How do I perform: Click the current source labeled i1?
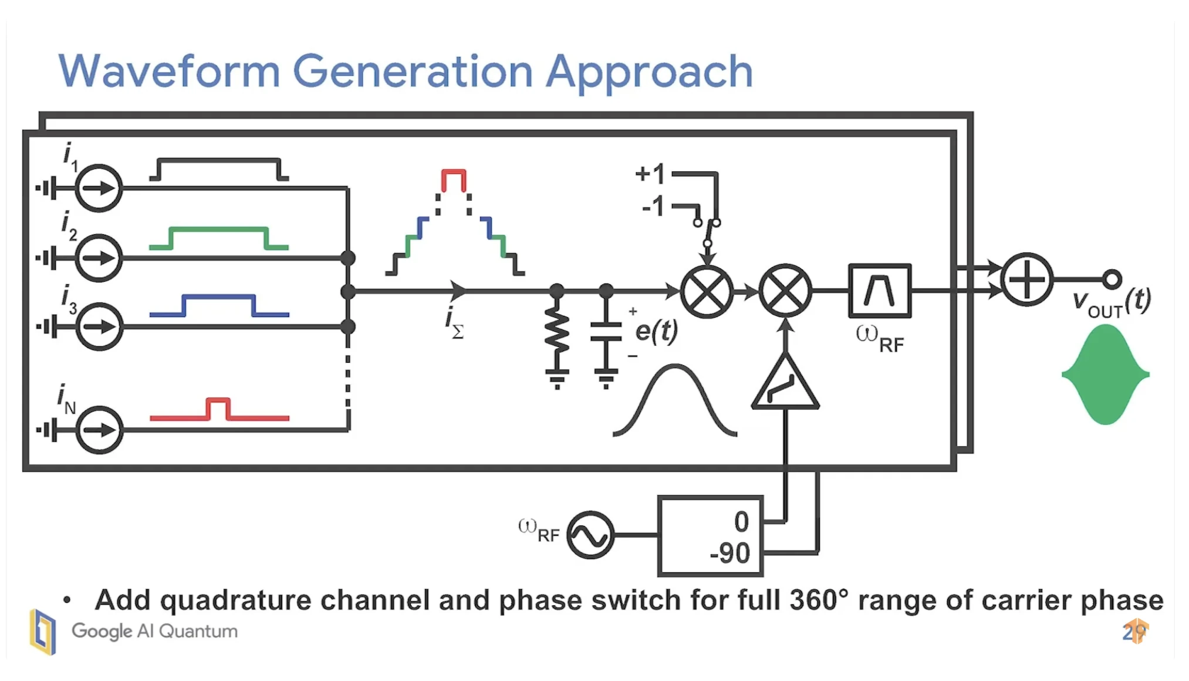[x=99, y=188]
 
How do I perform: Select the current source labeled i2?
[x=99, y=258]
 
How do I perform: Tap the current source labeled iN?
[x=99, y=430]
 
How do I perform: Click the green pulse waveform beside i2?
[x=218, y=237]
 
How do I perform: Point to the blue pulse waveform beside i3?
[x=219, y=305]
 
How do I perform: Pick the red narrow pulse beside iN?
[x=218, y=409]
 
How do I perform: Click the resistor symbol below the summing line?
[x=557, y=332]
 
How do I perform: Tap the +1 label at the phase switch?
[x=650, y=174]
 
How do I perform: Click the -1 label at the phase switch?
[x=653, y=207]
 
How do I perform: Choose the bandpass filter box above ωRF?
[x=879, y=291]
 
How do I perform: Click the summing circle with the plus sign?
[x=1026, y=279]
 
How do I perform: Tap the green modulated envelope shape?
[x=1105, y=374]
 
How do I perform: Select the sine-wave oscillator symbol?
[x=590, y=535]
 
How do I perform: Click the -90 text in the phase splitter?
[x=729, y=553]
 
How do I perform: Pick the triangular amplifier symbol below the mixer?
[x=785, y=385]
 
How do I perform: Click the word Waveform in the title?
[x=169, y=72]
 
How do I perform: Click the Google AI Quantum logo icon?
[x=43, y=632]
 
